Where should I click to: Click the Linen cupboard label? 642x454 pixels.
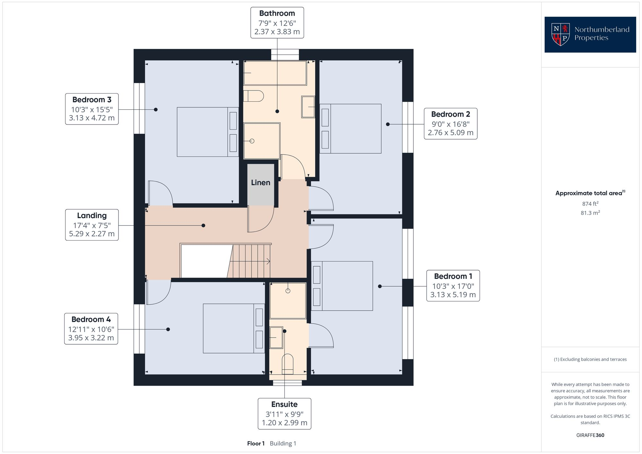pos(260,183)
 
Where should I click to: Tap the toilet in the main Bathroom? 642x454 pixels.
pos(253,96)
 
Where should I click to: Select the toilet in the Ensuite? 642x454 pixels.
pos(288,364)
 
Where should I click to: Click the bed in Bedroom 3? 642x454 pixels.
pos(208,132)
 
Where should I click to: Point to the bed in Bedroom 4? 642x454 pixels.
pos(233,328)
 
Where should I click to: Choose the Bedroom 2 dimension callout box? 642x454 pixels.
pos(450,124)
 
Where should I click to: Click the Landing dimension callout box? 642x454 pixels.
pos(92,225)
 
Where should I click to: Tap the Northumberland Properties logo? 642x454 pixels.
pos(590,34)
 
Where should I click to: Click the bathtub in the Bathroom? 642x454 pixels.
pos(275,73)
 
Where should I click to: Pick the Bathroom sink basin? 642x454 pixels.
pos(308,107)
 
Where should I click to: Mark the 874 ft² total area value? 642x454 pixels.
pos(590,204)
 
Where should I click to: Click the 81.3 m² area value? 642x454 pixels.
pos(590,213)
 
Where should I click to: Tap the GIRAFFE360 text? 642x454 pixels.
pos(590,435)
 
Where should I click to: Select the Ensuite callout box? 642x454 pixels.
pos(284,414)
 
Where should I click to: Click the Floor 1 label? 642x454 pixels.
pos(256,443)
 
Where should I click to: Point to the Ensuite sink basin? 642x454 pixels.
pos(276,337)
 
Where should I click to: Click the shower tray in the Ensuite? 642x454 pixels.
pos(288,300)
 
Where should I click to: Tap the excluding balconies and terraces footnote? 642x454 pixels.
pos(590,359)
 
